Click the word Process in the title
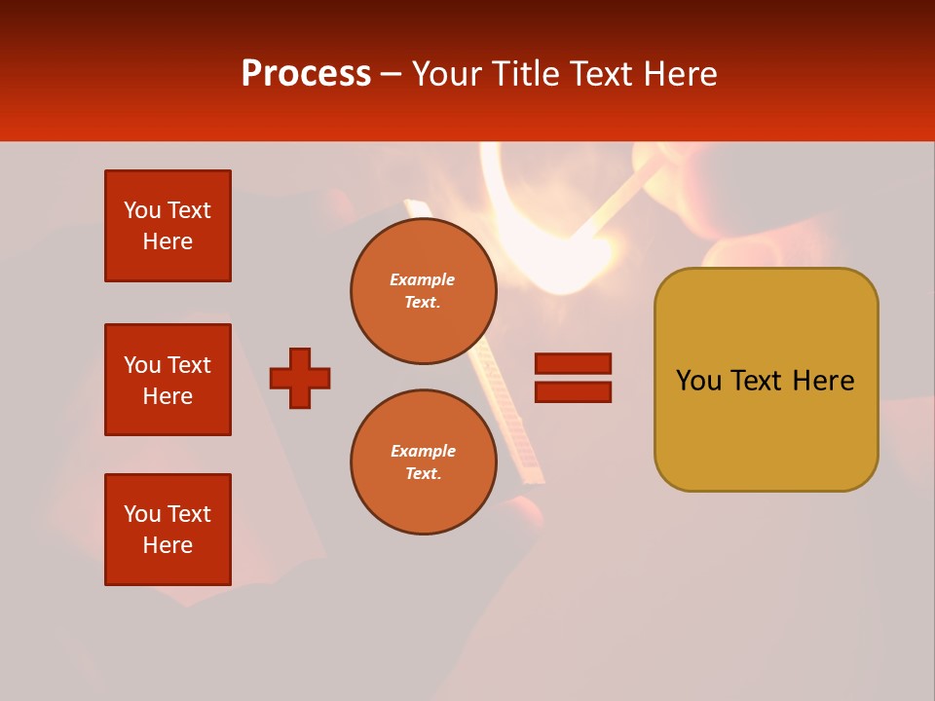[x=306, y=74]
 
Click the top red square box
[x=168, y=226]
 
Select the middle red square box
[x=168, y=380]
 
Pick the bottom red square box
[x=168, y=530]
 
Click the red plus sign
[x=300, y=378]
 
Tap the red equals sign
[x=573, y=378]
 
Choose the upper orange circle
[x=423, y=291]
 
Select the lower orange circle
[x=423, y=462]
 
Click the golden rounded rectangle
[x=766, y=380]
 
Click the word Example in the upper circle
[x=423, y=279]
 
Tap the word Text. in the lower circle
[x=423, y=474]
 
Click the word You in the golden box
[x=697, y=381]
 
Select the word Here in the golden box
[x=823, y=381]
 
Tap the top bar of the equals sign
[x=573, y=363]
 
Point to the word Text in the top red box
[x=189, y=210]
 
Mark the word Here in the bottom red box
[x=168, y=545]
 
